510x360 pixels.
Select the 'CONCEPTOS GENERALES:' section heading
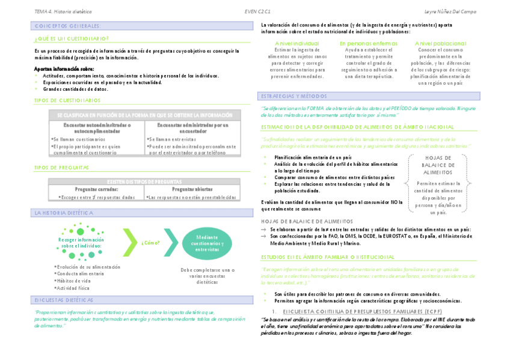pos(67,26)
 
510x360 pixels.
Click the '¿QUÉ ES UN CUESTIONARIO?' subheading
pos(72,38)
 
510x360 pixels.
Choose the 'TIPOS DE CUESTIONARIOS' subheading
pos(67,100)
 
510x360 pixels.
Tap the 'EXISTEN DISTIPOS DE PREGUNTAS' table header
pos(144,181)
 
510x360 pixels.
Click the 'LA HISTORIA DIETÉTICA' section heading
pos(64,213)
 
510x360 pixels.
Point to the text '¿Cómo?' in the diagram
pos(150,243)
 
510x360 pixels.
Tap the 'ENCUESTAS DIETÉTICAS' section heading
pos(64,299)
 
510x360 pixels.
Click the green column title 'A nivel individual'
pos(296,44)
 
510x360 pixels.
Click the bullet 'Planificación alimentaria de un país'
pos(313,157)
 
